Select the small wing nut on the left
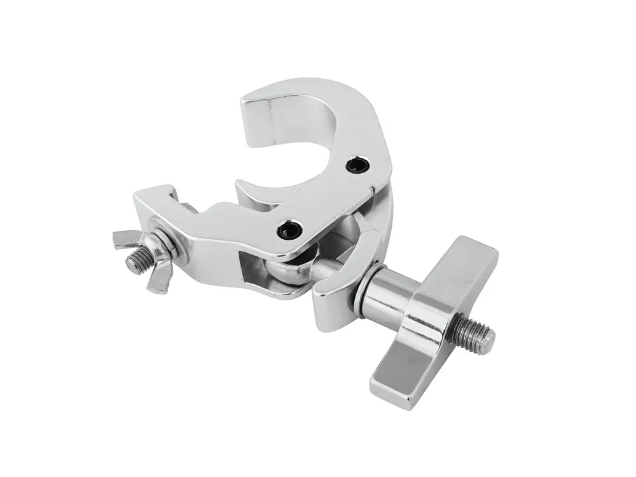coord(141,255)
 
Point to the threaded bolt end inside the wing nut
coord(136,258)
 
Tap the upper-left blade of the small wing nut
coord(125,238)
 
